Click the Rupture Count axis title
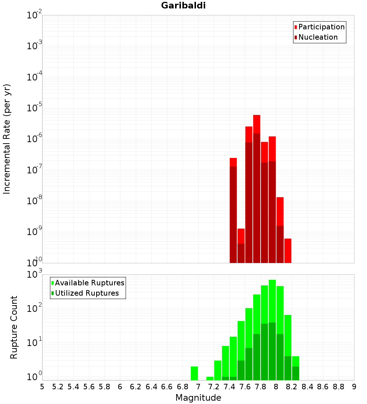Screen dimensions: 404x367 (x=14, y=327)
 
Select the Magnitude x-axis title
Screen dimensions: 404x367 (x=198, y=398)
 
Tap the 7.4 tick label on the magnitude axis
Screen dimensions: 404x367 (x=229, y=387)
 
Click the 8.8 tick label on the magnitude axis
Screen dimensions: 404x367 (x=338, y=387)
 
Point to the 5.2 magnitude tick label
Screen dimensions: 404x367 (x=58, y=387)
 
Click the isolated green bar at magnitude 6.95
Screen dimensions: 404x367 (x=194, y=373)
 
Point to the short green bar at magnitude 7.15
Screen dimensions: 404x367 (x=210, y=378)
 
